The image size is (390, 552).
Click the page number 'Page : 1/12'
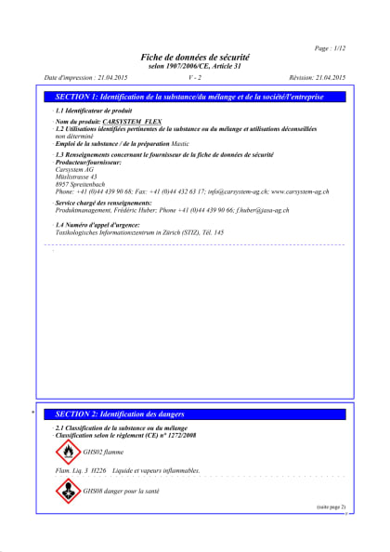(x=330, y=47)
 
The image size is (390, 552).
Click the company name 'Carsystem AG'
(x=75, y=170)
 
